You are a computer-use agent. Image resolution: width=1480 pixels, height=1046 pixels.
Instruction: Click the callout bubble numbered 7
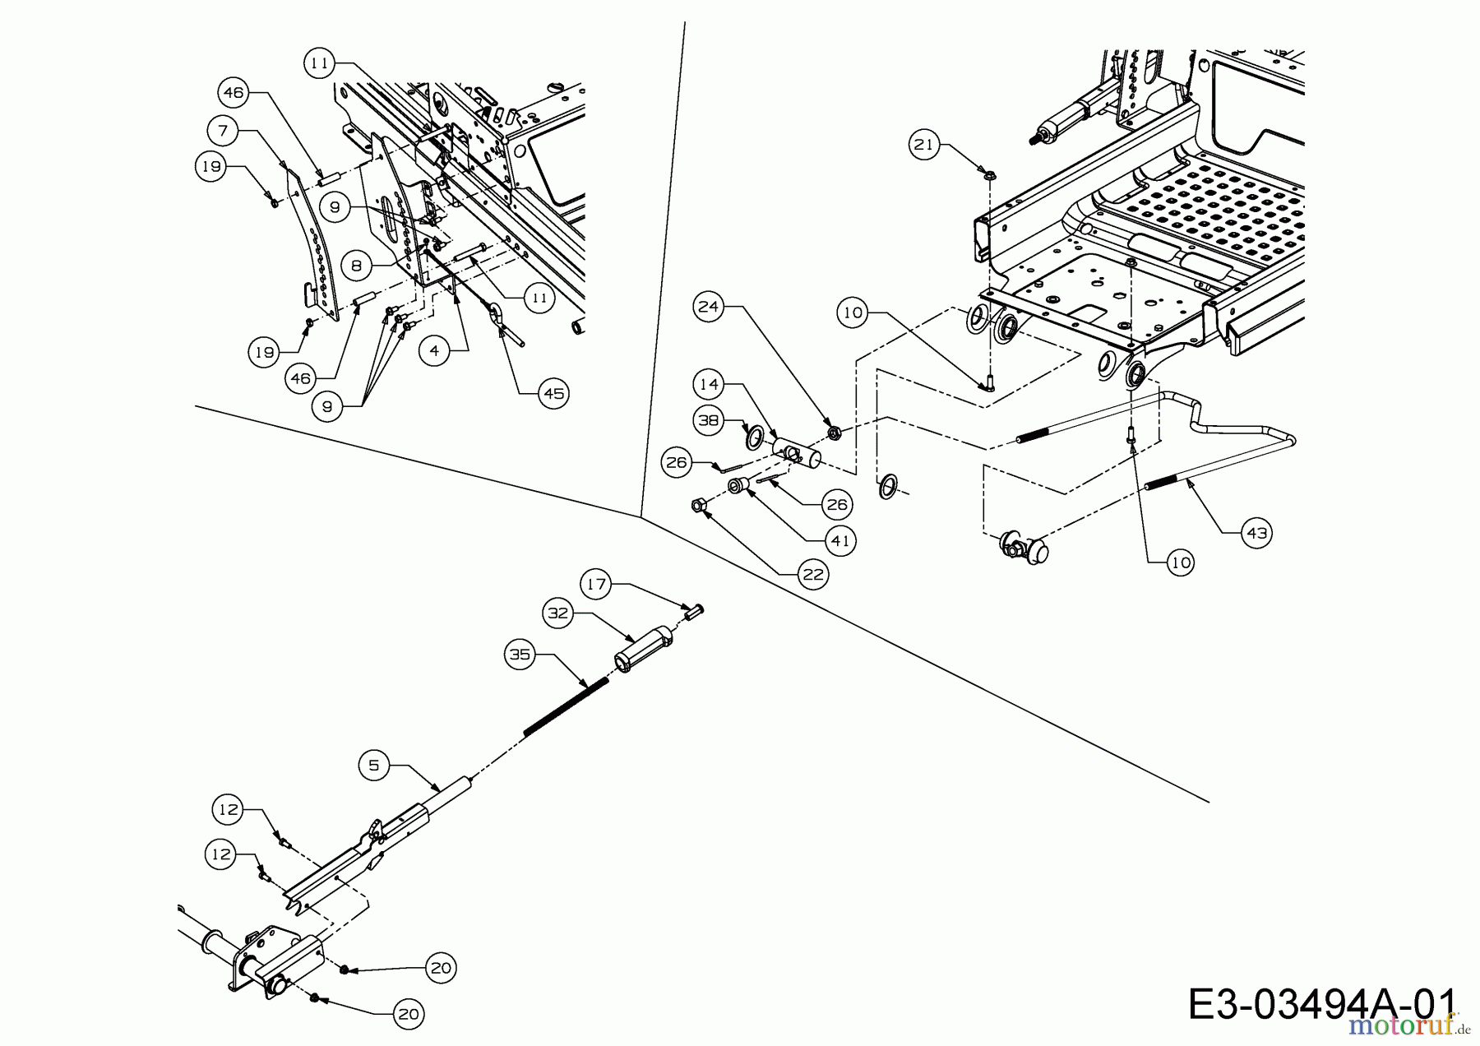224,130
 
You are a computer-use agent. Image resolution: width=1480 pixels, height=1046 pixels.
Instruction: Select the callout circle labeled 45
554,394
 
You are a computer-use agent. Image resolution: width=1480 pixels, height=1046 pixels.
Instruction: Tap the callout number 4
434,351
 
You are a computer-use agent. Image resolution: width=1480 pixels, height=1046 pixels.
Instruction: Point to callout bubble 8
356,266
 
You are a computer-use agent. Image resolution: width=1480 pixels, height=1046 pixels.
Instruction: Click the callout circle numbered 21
924,145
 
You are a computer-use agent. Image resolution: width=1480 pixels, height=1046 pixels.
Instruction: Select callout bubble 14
709,383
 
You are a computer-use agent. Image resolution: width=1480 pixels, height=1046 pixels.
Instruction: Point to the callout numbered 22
813,574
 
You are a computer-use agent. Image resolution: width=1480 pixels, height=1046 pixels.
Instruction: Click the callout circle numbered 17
597,585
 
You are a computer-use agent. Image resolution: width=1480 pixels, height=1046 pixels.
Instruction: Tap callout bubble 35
520,655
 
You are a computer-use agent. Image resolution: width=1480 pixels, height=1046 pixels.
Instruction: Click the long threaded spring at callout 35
567,706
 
